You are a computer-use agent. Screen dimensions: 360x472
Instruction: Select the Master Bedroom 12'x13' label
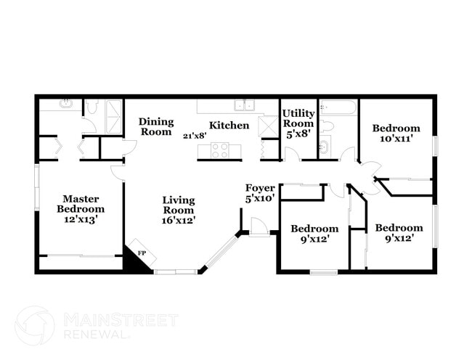(x=80, y=208)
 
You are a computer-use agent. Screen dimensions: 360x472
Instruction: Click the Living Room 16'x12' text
(x=179, y=209)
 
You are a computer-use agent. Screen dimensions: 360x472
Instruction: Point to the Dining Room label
(x=155, y=126)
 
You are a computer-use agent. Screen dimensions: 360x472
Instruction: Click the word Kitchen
(x=229, y=126)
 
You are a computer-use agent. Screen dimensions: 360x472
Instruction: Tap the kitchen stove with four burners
(x=219, y=150)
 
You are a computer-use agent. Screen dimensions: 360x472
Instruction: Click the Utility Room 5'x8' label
(x=298, y=123)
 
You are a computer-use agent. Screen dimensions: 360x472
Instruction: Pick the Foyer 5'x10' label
(x=260, y=193)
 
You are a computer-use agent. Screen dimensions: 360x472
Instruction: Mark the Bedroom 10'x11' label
(x=396, y=133)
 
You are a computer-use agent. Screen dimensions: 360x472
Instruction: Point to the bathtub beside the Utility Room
(x=338, y=107)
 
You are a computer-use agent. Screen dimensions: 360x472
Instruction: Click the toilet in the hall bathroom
(x=326, y=126)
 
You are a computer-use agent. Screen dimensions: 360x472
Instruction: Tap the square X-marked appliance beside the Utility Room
(x=268, y=126)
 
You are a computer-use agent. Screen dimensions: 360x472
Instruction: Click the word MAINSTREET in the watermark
(x=121, y=320)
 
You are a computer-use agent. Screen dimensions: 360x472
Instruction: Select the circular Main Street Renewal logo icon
(x=35, y=324)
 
